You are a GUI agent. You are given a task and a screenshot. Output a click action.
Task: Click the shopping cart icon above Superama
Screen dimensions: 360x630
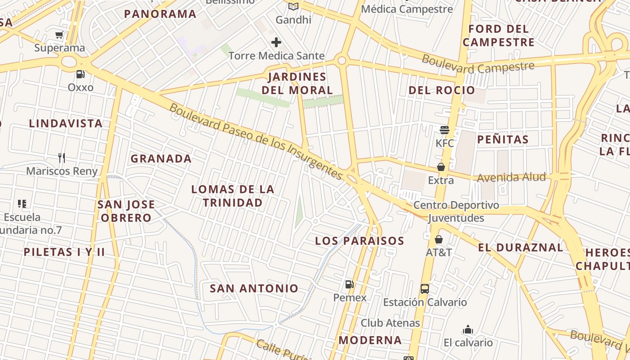point(59,35)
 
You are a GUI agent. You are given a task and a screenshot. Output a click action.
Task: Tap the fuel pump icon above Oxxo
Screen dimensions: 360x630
point(80,74)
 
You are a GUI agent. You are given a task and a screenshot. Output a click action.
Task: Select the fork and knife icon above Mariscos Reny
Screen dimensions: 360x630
point(62,157)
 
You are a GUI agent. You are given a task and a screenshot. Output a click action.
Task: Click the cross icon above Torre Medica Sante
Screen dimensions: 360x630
point(276,43)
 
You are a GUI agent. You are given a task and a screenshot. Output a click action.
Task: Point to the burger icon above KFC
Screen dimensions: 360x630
point(445,130)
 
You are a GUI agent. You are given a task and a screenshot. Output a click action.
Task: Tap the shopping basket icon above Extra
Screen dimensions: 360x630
point(441,167)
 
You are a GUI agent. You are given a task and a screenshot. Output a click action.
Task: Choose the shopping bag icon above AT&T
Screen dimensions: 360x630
point(439,239)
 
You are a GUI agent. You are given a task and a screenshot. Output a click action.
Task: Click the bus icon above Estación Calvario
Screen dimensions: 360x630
point(425,289)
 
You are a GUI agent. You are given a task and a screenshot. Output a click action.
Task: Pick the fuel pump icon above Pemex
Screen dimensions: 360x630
point(349,284)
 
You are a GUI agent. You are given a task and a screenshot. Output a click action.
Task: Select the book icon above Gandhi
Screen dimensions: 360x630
point(293,6)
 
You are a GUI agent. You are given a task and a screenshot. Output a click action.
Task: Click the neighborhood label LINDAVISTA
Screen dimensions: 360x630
point(66,123)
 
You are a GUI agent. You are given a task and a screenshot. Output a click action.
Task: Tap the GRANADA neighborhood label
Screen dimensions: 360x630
point(161,158)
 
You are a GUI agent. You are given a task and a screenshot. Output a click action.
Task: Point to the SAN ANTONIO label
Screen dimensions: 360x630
point(254,288)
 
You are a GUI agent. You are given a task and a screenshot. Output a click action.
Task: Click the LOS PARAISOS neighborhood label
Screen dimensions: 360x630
point(360,241)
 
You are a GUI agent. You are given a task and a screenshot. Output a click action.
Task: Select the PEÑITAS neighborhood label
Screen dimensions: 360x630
point(503,139)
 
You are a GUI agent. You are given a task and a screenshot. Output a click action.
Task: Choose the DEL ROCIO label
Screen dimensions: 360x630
point(441,90)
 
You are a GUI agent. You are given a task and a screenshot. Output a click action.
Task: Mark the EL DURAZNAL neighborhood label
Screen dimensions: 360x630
point(520,247)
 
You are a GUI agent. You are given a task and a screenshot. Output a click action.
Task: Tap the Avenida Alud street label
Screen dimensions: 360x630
point(511,178)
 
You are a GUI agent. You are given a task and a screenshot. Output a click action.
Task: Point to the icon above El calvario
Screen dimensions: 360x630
point(468,330)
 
